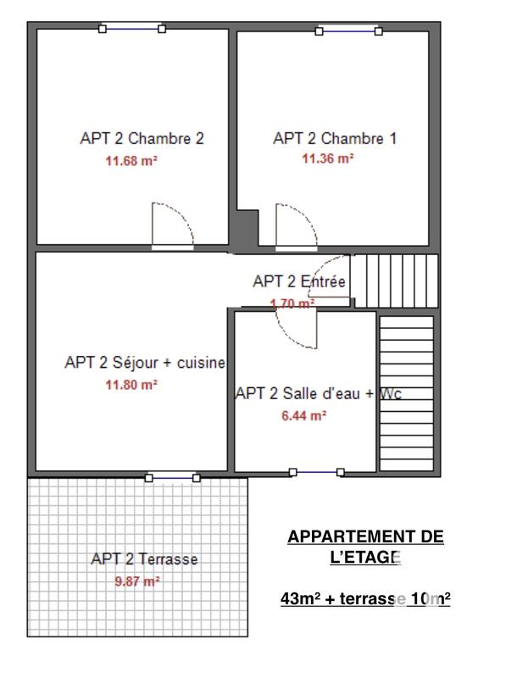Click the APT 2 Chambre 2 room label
tap(142, 138)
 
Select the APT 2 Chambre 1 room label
tap(335, 138)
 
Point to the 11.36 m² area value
tap(328, 158)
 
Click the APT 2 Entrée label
tap(299, 281)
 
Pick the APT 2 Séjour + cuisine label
tap(145, 363)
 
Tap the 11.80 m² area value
tap(131, 384)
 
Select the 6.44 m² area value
tap(303, 415)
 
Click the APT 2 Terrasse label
tap(144, 559)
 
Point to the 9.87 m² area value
tap(137, 581)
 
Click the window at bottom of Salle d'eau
tap(317, 472)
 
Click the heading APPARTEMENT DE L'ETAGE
tap(365, 547)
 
